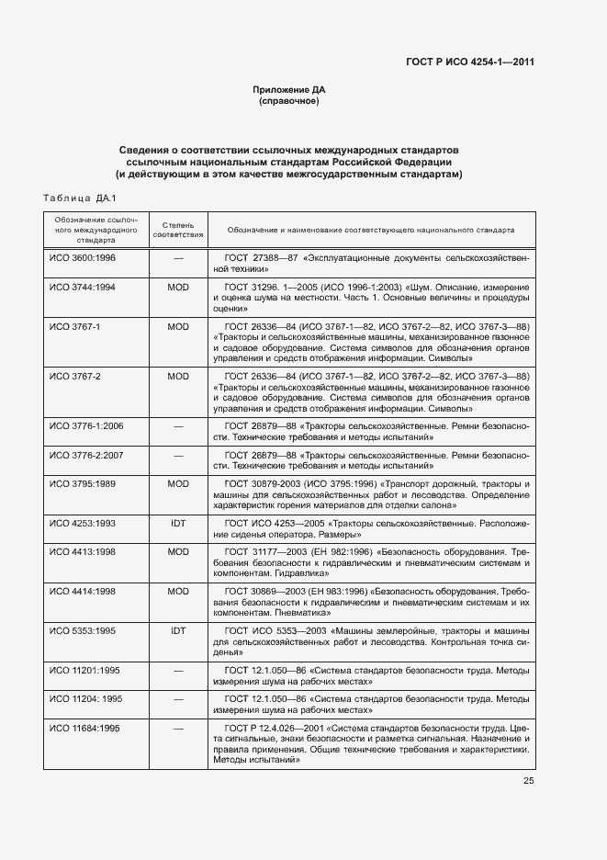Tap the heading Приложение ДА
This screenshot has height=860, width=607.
click(x=289, y=90)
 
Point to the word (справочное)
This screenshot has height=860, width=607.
click(x=289, y=101)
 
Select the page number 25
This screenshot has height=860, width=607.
click(x=529, y=781)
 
